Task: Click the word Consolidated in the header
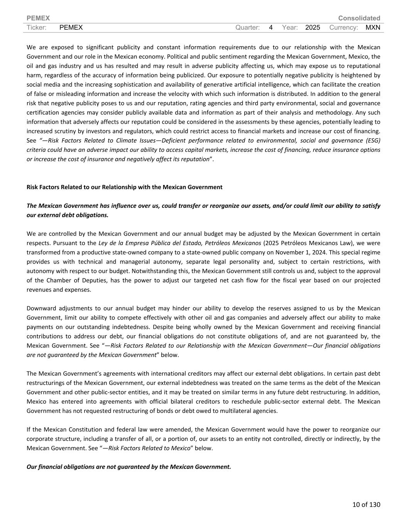pos(359,18)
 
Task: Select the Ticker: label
pos(37,27)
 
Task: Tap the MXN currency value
pos(373,27)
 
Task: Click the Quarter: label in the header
pos(247,27)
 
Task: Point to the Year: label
pos(290,27)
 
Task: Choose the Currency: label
pos(344,27)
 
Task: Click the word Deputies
pos(91,280)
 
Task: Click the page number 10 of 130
pos(366,504)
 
